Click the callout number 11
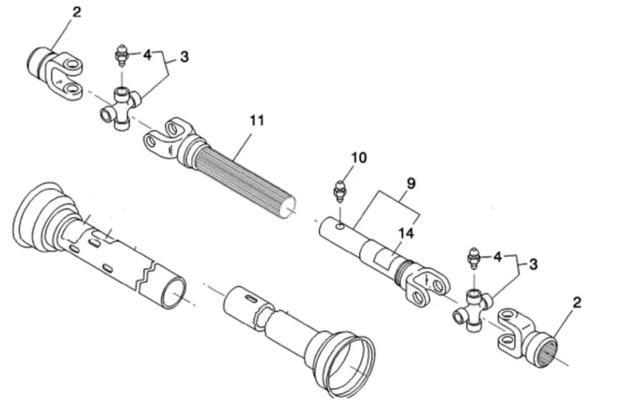(257, 121)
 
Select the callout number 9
(411, 183)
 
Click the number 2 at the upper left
(77, 12)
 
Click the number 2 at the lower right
(577, 302)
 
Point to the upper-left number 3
(185, 57)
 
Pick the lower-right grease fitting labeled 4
(473, 258)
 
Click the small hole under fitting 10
(339, 226)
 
